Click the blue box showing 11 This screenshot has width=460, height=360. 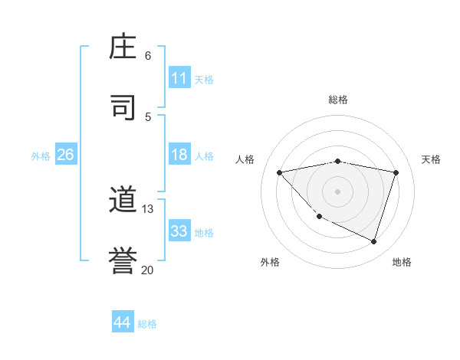click(179, 78)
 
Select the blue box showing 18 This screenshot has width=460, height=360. click(179, 155)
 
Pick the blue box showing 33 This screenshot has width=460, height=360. click(179, 231)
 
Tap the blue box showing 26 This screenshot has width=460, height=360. click(65, 155)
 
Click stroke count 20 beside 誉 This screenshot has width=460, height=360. click(147, 270)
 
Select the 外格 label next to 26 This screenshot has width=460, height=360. click(41, 155)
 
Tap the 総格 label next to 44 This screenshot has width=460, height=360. click(147, 323)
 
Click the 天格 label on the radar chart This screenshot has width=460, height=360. click(431, 159)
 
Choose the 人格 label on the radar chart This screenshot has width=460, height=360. click(245, 159)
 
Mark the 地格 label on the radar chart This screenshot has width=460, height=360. click(402, 262)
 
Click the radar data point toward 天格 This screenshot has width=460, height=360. click(396, 172)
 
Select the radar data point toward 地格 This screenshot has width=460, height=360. click(373, 241)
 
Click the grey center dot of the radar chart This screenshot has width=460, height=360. click(337, 191)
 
